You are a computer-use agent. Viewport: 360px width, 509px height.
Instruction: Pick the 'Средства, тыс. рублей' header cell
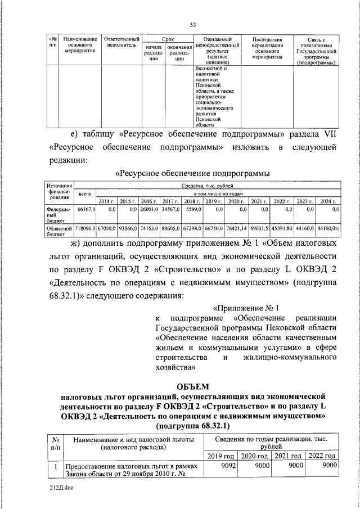tap(207, 184)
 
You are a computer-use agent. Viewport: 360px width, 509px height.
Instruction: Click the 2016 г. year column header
tap(148, 201)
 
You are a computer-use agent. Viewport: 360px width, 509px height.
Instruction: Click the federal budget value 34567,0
tap(169, 209)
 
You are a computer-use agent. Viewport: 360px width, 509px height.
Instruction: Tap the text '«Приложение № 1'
tap(245, 308)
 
